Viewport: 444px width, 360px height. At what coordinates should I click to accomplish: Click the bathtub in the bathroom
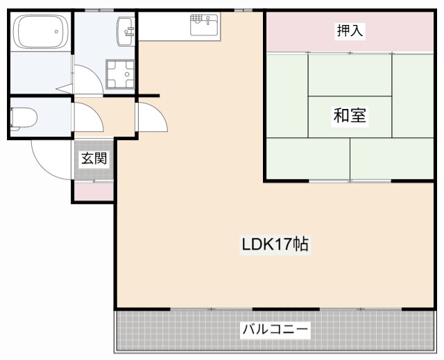(x=40, y=33)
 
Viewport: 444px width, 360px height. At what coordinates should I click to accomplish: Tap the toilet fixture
(x=25, y=118)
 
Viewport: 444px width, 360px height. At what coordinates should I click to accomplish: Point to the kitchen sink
(x=204, y=26)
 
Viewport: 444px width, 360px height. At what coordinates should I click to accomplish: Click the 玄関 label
(x=94, y=158)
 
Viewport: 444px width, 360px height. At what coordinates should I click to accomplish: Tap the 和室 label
(x=350, y=115)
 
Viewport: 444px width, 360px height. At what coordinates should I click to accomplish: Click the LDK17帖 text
(x=275, y=244)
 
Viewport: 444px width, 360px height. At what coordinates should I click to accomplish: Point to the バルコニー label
(x=275, y=329)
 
